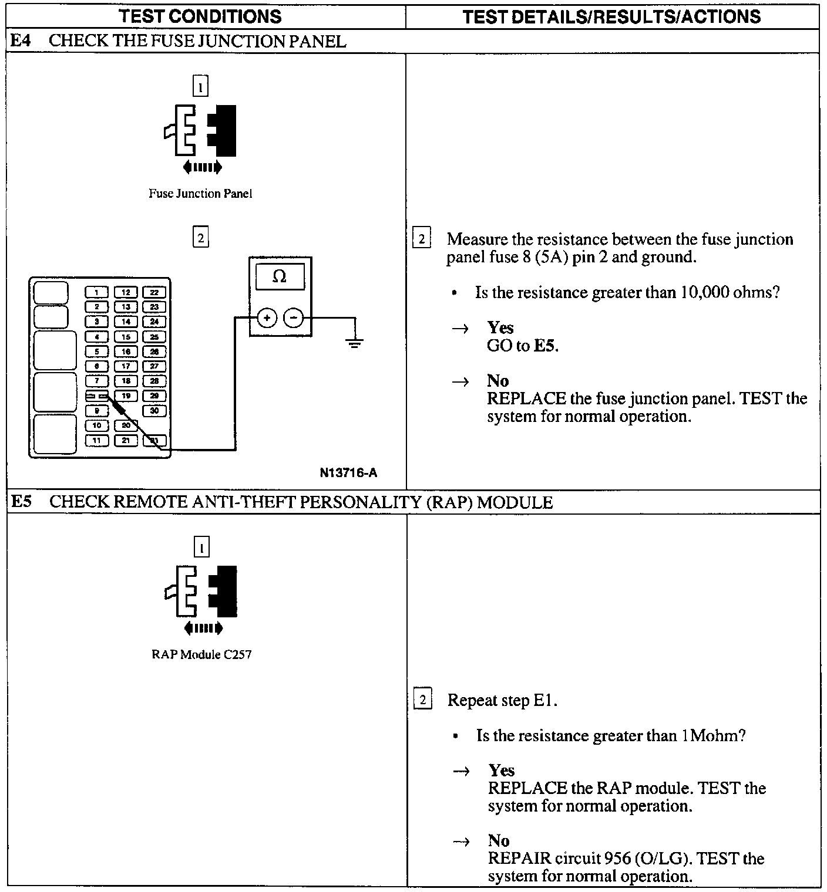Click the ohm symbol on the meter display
[280, 276]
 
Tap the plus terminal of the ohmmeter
[267, 318]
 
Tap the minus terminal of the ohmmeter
[294, 318]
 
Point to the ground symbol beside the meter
[355, 343]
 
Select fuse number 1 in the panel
[97, 292]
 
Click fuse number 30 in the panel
[154, 411]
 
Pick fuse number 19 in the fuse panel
[126, 396]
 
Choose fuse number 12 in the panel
[126, 292]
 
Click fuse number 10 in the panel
[97, 425]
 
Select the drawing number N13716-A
[348, 473]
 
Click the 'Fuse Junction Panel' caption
[200, 194]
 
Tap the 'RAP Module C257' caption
[201, 654]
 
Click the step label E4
[21, 41]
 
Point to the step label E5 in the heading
[22, 502]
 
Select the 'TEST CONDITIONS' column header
[200, 16]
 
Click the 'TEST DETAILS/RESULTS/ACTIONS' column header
[611, 16]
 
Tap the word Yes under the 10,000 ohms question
[500, 327]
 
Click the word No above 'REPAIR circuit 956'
[498, 840]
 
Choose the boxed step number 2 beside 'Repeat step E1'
[422, 700]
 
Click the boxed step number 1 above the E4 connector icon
[200, 87]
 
